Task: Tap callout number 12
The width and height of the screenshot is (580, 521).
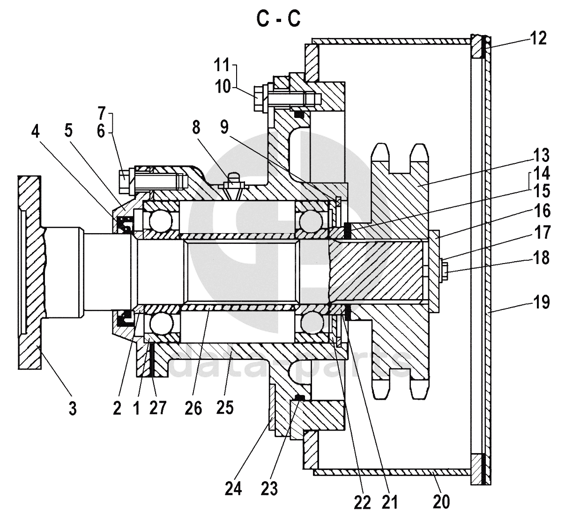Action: pos(538,38)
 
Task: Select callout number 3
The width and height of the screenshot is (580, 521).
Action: pos(72,408)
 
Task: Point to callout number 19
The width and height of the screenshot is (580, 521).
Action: pos(542,302)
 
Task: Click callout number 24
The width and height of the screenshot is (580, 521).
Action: pos(233,489)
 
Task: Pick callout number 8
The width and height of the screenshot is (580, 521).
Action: pos(196,127)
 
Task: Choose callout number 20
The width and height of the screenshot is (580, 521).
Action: pos(441,501)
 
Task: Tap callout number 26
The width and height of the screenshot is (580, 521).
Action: pos(193,408)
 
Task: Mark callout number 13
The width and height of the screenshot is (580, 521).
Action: pos(541,155)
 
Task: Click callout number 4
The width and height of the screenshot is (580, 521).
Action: pos(35,132)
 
